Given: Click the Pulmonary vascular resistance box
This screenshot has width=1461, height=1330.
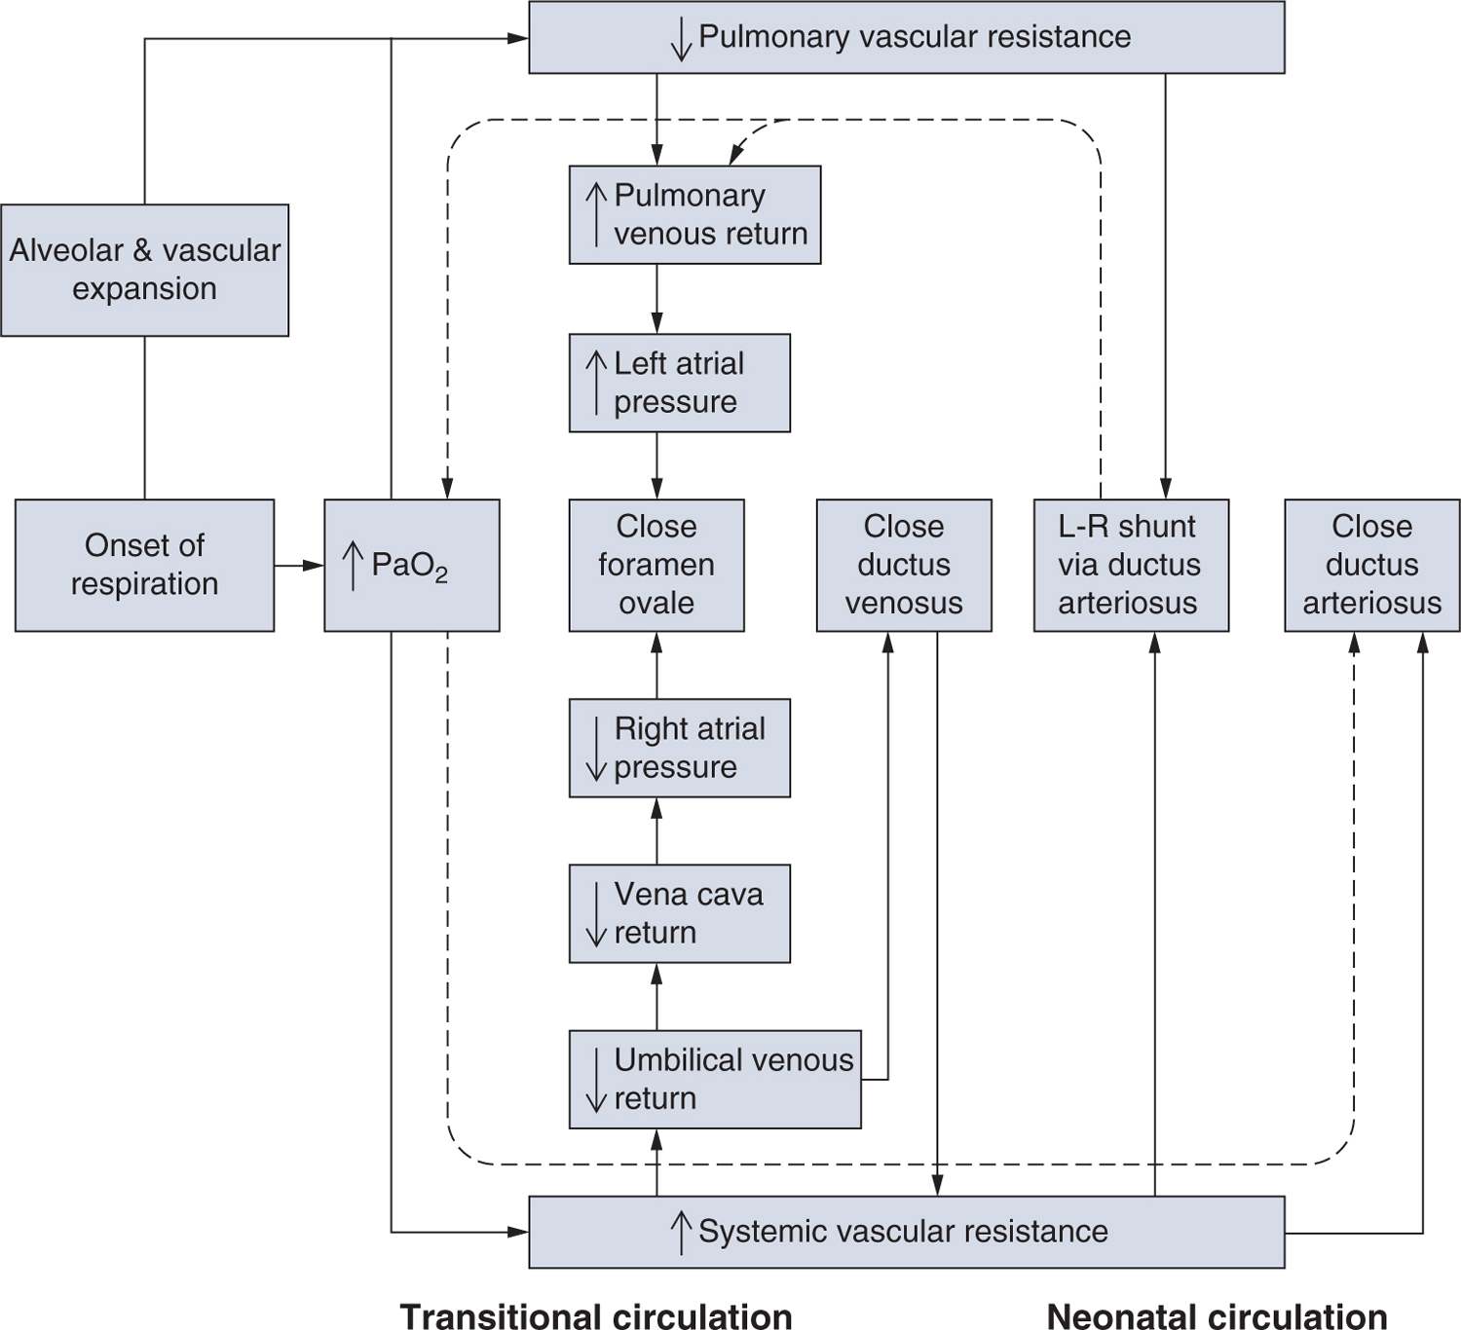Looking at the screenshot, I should coord(906,37).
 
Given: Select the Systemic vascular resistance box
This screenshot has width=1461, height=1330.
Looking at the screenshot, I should coord(906,1232).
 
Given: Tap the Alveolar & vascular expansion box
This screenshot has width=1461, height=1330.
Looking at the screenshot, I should coord(144,270).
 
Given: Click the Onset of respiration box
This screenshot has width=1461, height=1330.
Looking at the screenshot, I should coord(144,565).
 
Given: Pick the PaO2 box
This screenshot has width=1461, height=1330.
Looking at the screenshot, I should coord(411,565).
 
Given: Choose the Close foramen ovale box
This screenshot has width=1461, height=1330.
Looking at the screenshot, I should coord(656,565).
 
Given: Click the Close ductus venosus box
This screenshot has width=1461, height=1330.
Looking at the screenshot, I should coord(903,565).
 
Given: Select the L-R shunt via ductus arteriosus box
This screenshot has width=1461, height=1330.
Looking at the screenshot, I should coord(1130,565).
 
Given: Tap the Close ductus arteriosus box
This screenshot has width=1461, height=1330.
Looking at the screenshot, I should coord(1371,565).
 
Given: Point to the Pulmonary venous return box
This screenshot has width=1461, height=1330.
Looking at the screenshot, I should coord(694,214).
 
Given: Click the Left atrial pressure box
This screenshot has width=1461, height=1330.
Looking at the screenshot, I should coord(679,383).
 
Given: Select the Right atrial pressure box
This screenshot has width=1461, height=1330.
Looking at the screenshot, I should coord(679,748).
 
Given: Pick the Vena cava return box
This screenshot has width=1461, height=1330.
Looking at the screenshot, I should coord(679,913).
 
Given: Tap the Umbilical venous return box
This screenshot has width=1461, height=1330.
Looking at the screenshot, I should coord(714,1079).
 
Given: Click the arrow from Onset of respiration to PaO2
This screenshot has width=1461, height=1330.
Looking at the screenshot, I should coord(298,565).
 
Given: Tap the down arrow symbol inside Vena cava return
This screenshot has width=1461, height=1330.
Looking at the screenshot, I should coord(596,913).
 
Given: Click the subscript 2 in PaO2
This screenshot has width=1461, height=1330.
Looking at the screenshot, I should coord(441,576).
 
